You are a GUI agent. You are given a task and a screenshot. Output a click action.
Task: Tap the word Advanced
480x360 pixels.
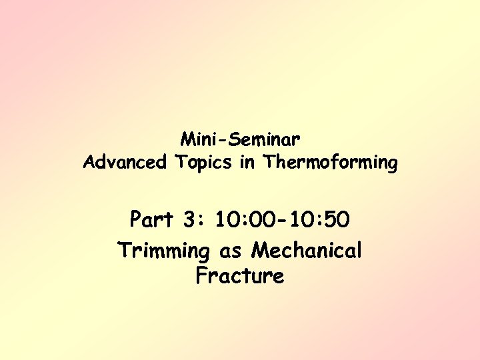tap(125, 162)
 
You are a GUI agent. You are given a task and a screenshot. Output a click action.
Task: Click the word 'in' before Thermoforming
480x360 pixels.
tap(248, 162)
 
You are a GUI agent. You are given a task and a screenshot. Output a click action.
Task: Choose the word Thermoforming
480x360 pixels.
tap(330, 162)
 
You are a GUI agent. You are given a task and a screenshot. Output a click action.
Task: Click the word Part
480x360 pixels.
tap(152, 219)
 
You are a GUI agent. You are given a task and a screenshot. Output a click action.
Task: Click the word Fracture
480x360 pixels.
tap(240, 275)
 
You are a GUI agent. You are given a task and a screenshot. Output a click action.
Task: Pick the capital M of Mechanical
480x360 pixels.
tap(261, 251)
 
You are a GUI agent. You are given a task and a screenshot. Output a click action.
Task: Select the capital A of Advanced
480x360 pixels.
tap(89, 162)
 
